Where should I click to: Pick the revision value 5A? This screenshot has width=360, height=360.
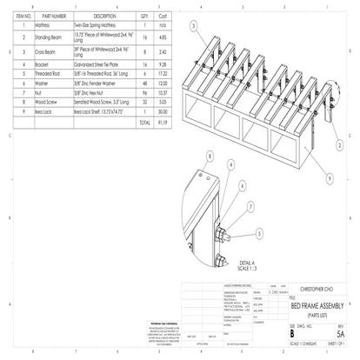point(341,331)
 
